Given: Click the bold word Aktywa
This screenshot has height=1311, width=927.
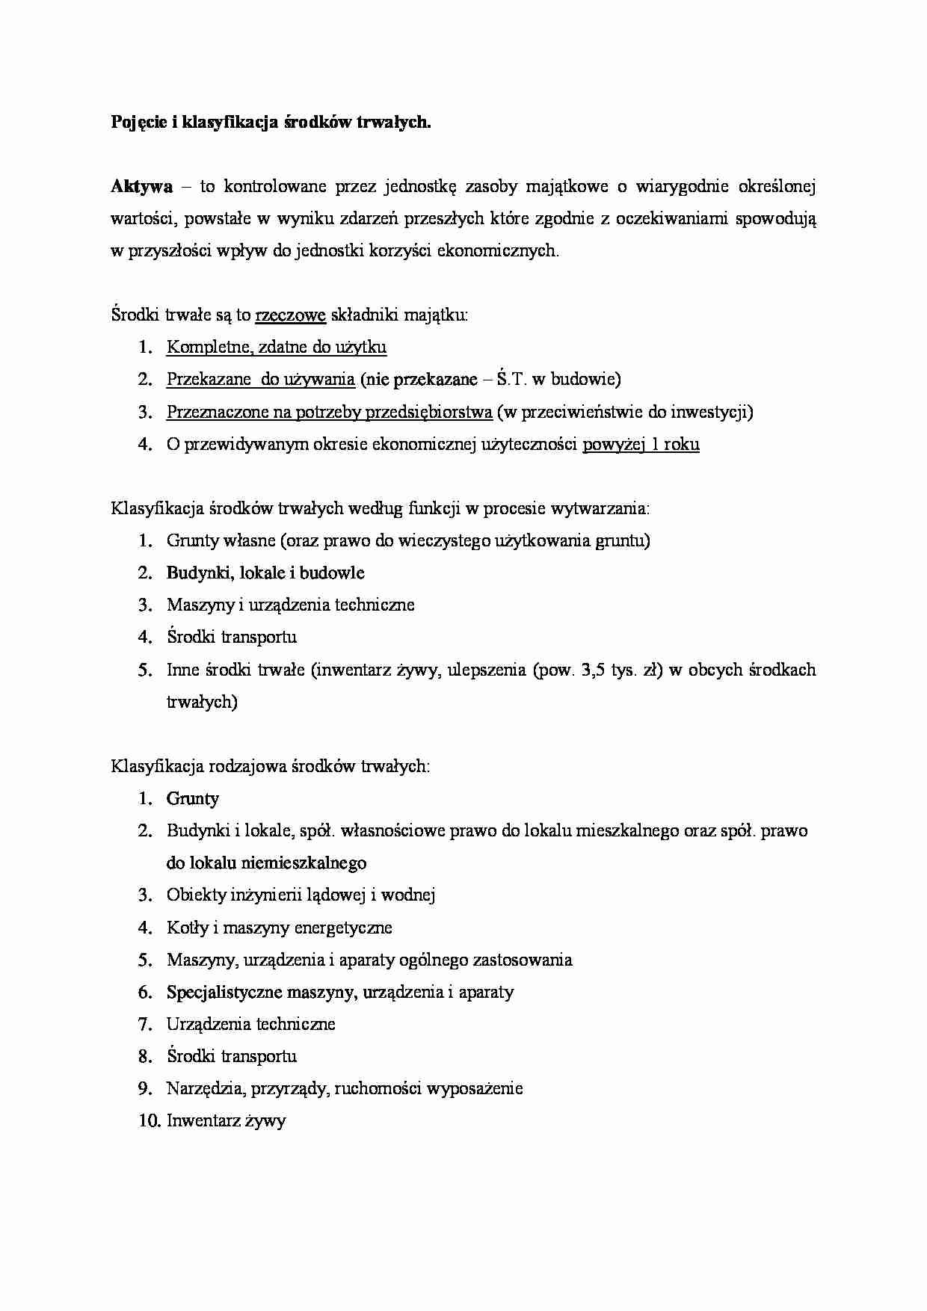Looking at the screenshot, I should (x=141, y=186).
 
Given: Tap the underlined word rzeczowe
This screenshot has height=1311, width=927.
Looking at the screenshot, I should (x=290, y=315).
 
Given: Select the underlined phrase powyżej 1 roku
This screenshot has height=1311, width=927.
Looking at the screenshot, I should (x=641, y=445).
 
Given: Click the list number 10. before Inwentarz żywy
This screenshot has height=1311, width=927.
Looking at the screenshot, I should (x=148, y=1120).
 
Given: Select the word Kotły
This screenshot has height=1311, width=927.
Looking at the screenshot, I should (x=187, y=928).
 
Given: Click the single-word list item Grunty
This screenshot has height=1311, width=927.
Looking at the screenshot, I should (x=193, y=799).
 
